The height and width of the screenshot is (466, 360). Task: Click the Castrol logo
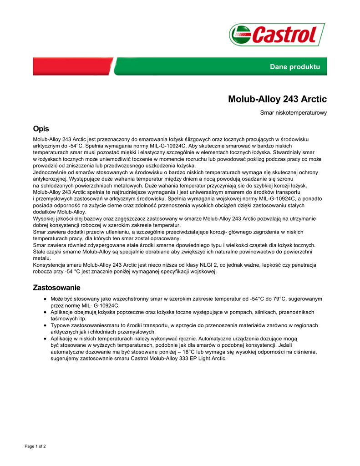277,35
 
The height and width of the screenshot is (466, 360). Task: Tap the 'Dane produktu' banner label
295,67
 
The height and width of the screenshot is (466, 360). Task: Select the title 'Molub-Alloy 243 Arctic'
277,99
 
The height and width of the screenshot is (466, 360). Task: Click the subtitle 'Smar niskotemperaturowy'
293,112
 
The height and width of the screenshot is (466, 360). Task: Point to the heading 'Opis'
41,129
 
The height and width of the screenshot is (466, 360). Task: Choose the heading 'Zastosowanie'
56,288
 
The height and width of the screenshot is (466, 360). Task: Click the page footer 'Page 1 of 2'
35,446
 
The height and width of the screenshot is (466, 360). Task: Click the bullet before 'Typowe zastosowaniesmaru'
45,326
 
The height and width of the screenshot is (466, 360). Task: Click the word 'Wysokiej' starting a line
43,219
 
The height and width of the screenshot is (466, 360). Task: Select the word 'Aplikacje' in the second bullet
62,312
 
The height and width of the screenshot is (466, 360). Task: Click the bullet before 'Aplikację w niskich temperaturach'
45,339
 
